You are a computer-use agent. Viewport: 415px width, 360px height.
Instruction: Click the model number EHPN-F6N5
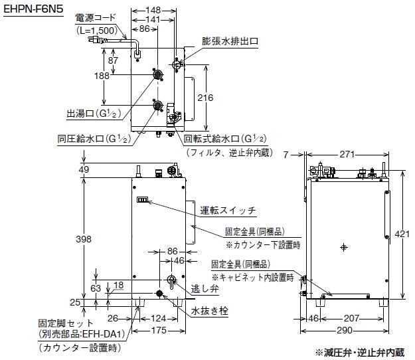[33, 8]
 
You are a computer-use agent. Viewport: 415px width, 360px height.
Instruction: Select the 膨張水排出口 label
[230, 41]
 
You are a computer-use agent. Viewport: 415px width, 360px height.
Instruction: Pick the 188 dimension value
[102, 76]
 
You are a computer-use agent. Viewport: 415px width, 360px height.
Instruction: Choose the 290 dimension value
[345, 330]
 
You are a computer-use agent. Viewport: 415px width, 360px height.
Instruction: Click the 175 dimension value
[157, 330]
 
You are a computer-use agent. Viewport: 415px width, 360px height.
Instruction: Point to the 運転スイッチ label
[228, 211]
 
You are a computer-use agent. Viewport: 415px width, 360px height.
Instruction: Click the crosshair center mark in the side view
[343, 247]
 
